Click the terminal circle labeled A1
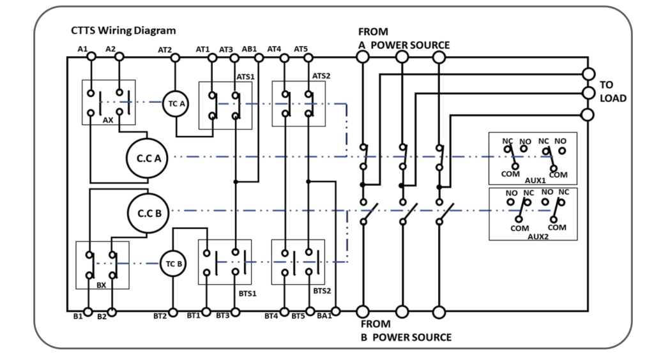(x=91, y=57)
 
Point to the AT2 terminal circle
(x=174, y=57)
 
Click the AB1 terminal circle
(x=259, y=57)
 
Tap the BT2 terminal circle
(x=172, y=312)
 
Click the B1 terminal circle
(x=89, y=312)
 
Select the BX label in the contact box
(x=102, y=285)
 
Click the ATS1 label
(x=245, y=76)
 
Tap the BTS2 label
(x=321, y=290)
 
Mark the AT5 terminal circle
(x=308, y=57)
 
